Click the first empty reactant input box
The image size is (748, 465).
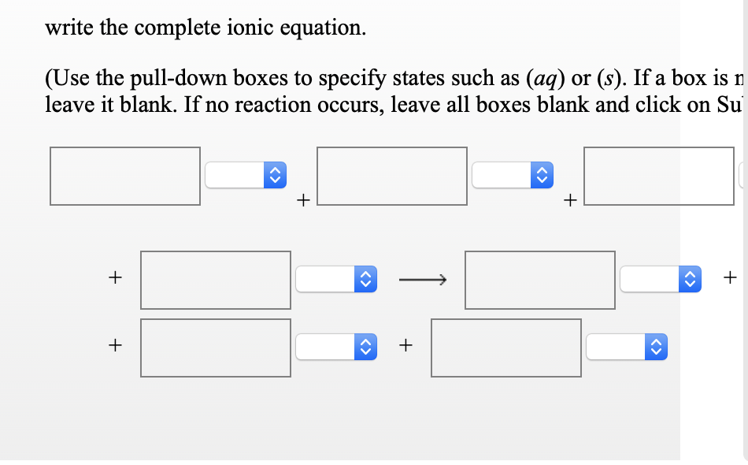125,176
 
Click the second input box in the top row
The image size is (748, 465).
392,176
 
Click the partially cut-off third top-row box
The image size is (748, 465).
658,176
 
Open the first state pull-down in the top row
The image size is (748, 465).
244,175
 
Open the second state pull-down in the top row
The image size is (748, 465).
511,175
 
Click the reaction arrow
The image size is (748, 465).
422,279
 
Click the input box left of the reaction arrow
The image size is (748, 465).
216,280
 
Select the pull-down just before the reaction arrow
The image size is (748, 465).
335,279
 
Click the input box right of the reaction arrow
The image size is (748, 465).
540,280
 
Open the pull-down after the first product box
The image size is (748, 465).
660,279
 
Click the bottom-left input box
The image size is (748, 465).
216,348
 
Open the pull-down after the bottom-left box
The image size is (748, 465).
335,347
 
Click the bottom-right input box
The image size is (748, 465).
506,348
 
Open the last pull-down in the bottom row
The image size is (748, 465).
626,347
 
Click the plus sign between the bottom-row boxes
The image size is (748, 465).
405,344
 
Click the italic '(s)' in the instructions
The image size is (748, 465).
610,78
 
